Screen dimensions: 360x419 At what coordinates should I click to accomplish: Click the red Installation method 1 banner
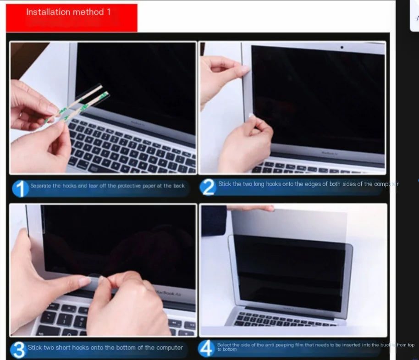pos(71,17)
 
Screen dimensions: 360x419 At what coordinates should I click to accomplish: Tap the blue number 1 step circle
pos(20,188)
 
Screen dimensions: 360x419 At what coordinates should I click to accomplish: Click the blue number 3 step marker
pos(18,349)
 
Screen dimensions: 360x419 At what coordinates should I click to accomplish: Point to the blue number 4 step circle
pos(207,349)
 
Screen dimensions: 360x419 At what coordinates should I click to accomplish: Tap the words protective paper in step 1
pos(135,186)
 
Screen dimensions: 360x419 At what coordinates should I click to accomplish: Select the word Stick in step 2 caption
pos(225,184)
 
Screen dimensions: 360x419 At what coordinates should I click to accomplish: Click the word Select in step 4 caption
pos(224,345)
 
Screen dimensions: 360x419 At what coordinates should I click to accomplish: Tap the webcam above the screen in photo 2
pos(342,47)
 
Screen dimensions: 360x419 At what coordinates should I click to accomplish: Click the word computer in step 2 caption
pos(386,184)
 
